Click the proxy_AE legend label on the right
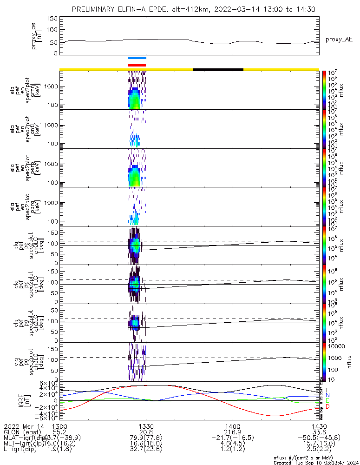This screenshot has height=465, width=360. [x=339, y=40]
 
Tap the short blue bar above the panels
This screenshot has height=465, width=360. [x=137, y=58]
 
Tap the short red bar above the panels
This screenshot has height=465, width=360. [x=137, y=65]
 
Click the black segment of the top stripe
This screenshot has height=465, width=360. [x=218, y=69]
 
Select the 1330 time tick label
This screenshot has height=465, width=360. [x=146, y=426]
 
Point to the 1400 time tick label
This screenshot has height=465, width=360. [x=233, y=426]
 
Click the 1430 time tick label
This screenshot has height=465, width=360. [x=319, y=426]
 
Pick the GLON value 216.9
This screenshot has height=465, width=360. [x=233, y=432]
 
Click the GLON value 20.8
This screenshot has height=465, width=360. [x=146, y=432]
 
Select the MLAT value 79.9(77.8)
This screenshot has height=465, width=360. [x=146, y=438]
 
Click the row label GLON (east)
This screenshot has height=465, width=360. [x=20, y=432]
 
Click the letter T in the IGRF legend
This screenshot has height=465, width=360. [x=327, y=390]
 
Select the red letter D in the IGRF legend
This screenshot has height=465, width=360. [x=327, y=407]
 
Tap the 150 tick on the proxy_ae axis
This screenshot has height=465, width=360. [x=52, y=18]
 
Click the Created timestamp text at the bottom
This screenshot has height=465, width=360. [x=315, y=463]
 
